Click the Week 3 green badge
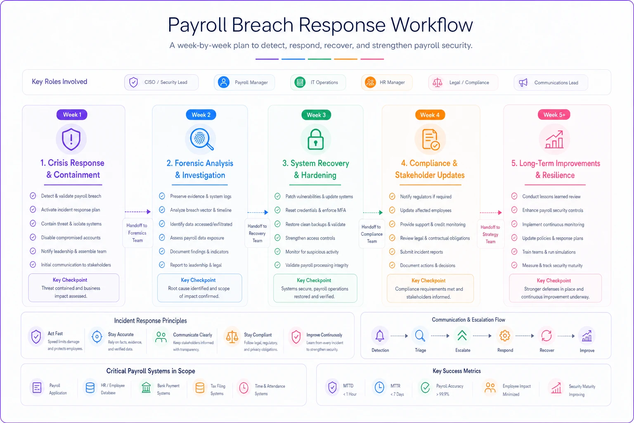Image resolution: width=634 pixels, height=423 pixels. point(316,115)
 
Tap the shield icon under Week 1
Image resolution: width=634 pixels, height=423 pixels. point(71,139)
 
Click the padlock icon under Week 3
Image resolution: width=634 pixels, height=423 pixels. point(316,139)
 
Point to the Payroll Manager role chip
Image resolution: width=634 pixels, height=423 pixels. point(244,83)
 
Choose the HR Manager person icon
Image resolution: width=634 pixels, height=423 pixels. point(370,83)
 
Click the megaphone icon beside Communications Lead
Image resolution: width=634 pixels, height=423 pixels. point(523,83)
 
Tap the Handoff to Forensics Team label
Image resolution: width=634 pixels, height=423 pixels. point(137,233)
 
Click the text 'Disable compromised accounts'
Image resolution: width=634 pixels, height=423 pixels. point(71,238)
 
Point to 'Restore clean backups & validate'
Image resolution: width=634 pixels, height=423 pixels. point(315,224)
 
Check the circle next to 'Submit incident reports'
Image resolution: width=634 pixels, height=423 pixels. point(392,252)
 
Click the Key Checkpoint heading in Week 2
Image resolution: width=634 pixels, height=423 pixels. point(198,280)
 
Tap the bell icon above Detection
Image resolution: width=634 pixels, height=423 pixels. point(380,336)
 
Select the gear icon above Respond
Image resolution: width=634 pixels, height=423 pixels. point(505,336)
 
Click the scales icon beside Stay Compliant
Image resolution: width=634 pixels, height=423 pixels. point(232,337)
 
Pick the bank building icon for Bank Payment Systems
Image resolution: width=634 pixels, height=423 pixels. point(147,387)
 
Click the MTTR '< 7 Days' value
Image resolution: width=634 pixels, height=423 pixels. point(397,394)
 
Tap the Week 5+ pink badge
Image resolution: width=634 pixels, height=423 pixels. point(554,115)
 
